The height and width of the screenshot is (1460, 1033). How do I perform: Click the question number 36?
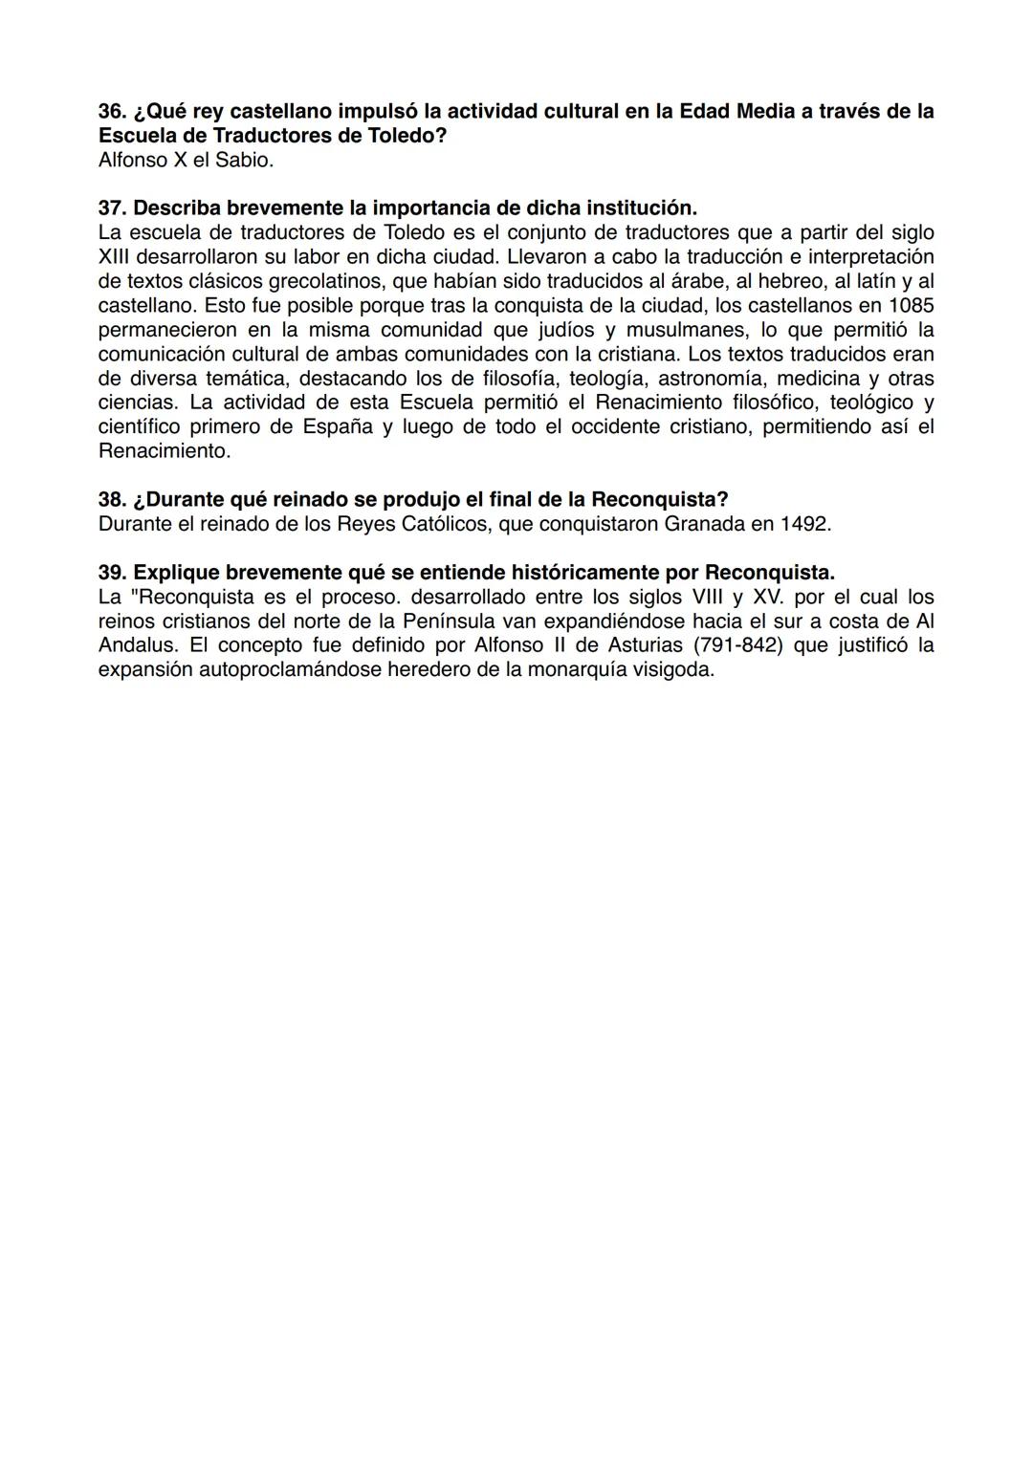(x=113, y=112)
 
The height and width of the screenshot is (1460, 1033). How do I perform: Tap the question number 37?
(x=113, y=208)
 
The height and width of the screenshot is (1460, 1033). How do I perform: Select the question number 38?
(x=113, y=500)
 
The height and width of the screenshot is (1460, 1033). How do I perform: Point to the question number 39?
(x=113, y=573)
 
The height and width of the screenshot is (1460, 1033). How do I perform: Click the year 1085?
(x=910, y=306)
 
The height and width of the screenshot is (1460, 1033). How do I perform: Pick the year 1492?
(x=804, y=524)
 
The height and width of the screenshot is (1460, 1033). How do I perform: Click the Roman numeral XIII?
(x=115, y=257)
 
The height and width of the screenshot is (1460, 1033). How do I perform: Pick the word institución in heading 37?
(x=641, y=208)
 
